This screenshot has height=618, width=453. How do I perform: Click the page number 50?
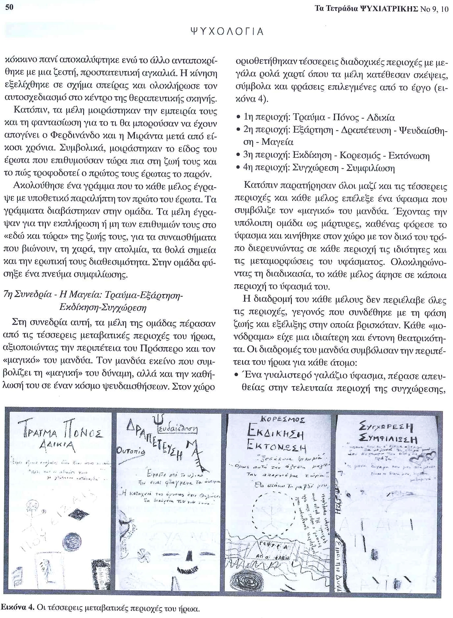pos(9,7)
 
